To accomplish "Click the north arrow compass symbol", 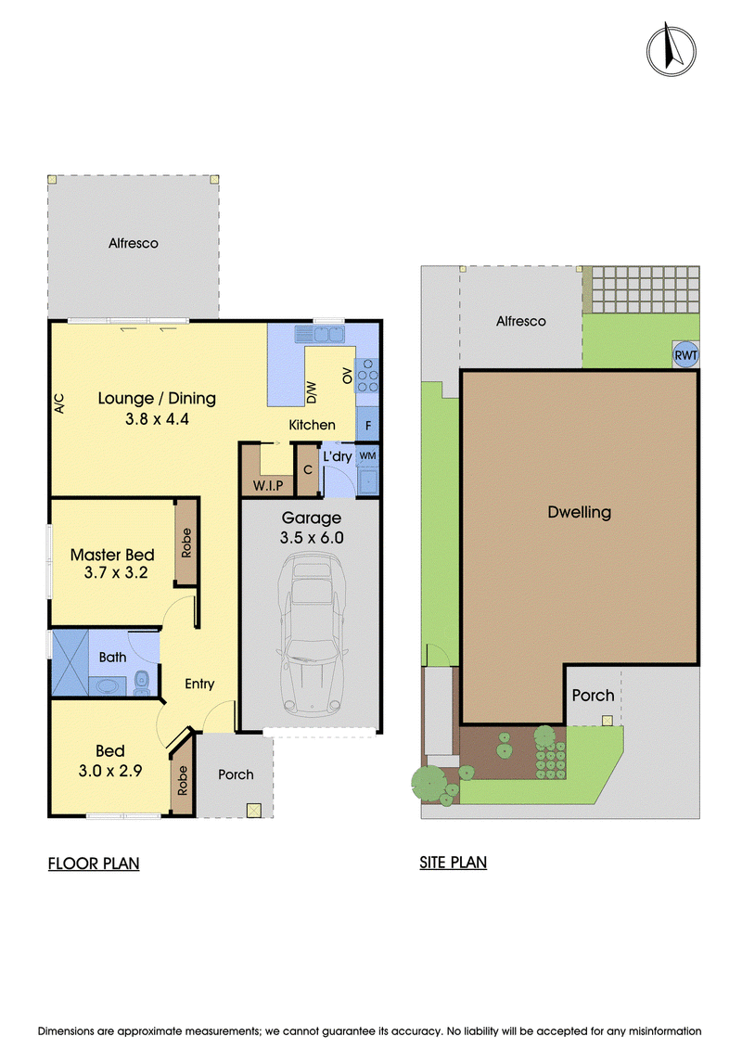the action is coord(672,49).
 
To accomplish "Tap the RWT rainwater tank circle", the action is coord(685,355).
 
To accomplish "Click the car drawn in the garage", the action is coord(311,633).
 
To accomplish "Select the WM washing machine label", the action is coord(367,455).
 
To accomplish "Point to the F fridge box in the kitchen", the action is coord(367,425).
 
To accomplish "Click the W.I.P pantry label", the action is coord(268,486).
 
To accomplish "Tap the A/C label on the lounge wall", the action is coord(58,403).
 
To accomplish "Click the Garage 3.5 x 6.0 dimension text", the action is coord(312,537).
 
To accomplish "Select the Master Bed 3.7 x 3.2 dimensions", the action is coord(116,572).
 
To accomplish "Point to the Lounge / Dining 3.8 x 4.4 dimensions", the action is coord(158,419).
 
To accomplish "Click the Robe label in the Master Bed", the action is coord(186,543).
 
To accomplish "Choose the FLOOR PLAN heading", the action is coord(94,864).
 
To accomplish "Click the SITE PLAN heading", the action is coord(453,863).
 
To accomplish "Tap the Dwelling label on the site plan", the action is coord(580,513).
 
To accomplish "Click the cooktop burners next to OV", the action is coord(367,376).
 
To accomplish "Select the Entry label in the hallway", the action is coord(199,684).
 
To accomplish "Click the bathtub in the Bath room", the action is coord(107,686).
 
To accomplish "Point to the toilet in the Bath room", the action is coord(142,683).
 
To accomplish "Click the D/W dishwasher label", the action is coord(311,392).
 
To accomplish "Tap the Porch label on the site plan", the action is coord(593,696).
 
